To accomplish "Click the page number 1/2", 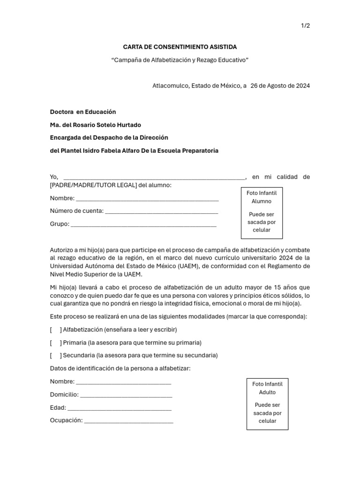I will (305, 26).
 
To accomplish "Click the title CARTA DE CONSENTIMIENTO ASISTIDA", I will (180, 47).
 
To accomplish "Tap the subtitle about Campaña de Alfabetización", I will (180, 60).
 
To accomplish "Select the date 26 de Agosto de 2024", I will (280, 86).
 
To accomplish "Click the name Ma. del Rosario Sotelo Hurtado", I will (95, 125).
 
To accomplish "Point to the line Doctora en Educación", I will (83, 112).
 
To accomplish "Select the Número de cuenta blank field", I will (162, 211).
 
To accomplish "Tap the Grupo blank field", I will (143, 224).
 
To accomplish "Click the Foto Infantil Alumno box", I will (262, 211).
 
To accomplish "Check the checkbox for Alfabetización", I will (56, 330).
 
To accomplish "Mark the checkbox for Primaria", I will (56, 342).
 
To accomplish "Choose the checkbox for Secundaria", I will (56, 355).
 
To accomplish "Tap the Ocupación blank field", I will (128, 420).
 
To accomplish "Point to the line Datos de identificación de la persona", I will (120, 368).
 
